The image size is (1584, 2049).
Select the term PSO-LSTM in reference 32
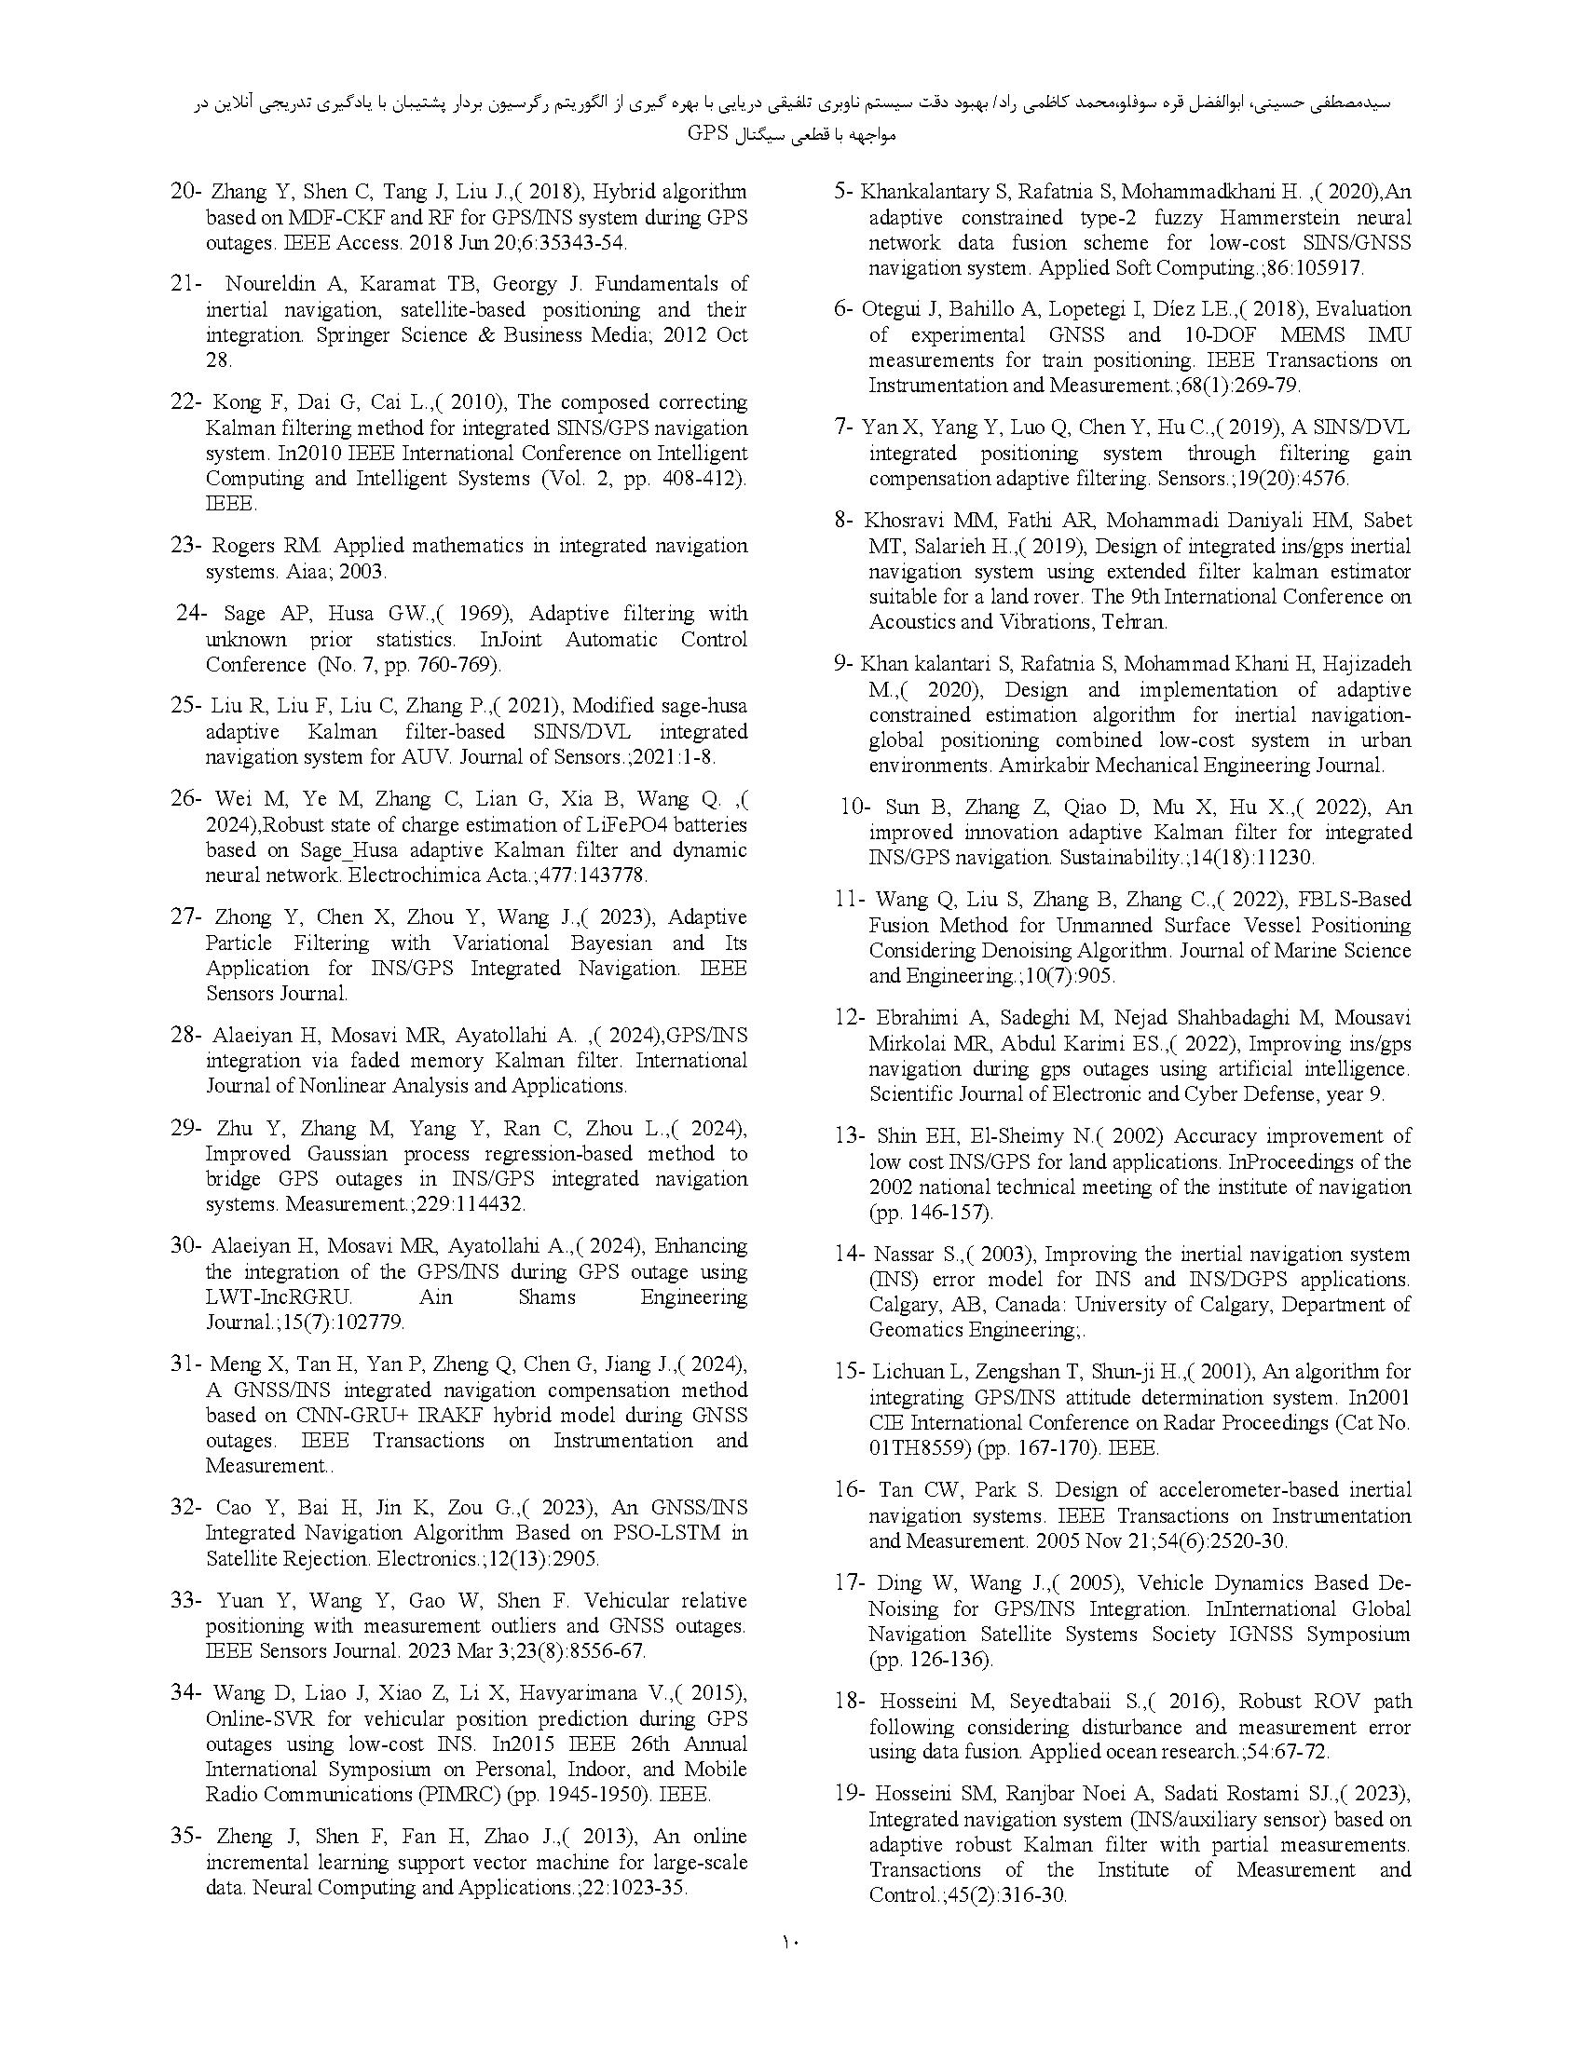click(x=679, y=1534)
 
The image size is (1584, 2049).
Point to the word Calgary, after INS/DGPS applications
click(x=907, y=1305)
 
